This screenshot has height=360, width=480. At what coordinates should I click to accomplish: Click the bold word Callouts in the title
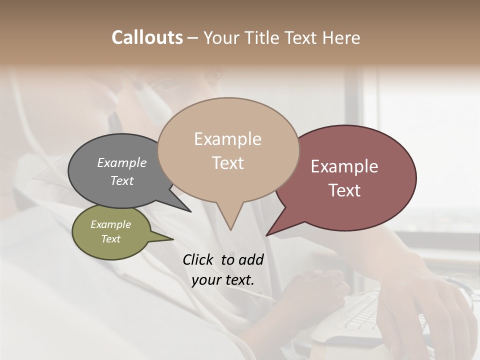tap(147, 37)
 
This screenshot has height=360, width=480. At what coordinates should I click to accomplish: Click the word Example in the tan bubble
tap(227, 139)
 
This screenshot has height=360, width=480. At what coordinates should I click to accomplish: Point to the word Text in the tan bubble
tap(227, 163)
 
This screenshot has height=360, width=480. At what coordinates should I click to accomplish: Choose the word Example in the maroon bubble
tap(344, 166)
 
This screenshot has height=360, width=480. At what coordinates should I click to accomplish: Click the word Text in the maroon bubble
tap(344, 190)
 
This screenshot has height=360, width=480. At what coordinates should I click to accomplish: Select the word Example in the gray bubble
tap(122, 162)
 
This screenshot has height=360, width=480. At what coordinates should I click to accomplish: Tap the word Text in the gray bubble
tap(122, 180)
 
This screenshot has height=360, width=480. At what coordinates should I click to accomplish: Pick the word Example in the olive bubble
tap(110, 224)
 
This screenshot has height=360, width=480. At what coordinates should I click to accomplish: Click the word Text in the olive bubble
tap(110, 239)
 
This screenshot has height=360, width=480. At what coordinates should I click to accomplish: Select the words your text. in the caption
tap(223, 280)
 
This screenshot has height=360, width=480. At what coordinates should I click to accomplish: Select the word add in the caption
tap(250, 259)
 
